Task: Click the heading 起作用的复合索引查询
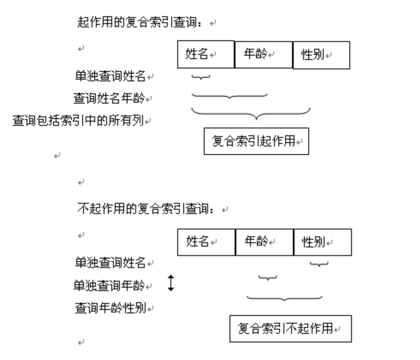point(139,22)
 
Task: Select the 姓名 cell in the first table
point(206,54)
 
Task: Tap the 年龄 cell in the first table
point(263,54)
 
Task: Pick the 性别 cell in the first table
point(321,55)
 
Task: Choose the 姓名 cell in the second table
point(206,242)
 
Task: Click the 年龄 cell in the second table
point(264,242)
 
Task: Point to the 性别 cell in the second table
point(322,242)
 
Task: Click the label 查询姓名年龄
point(109,98)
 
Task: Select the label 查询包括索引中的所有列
point(77,121)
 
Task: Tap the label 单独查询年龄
point(109,285)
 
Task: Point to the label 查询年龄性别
point(110,307)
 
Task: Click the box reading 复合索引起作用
point(256,141)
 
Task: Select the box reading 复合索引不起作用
point(290,329)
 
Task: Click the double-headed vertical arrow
point(171,283)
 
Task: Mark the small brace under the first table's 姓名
point(201,77)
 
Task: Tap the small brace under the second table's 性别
point(319,264)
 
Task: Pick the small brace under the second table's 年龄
point(268,278)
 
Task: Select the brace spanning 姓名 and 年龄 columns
point(229,95)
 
